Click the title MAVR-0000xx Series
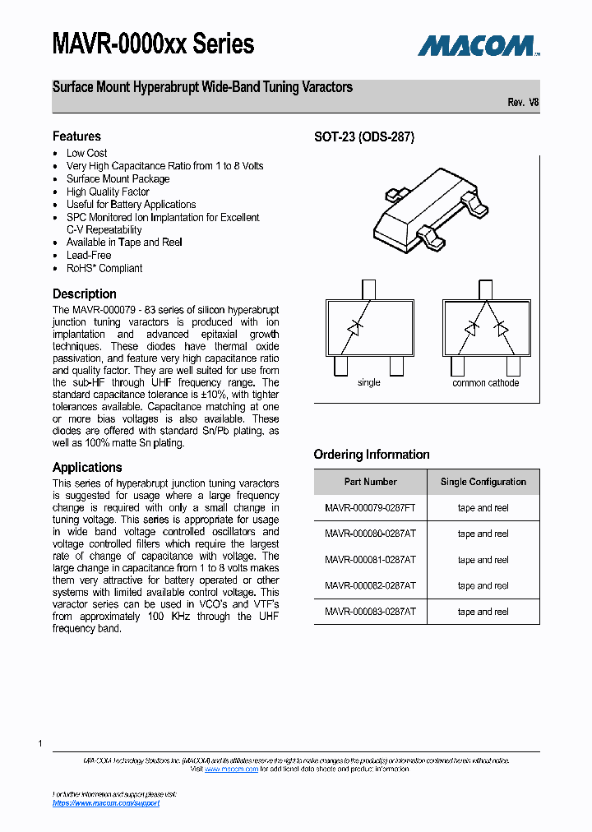[153, 44]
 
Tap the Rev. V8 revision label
[523, 103]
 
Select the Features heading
[76, 136]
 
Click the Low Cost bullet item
[86, 153]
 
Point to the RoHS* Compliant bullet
[104, 268]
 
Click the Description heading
[85, 294]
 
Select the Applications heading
[87, 467]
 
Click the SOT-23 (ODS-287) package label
[364, 137]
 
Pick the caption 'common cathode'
[485, 383]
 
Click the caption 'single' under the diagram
[369, 383]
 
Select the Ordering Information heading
[372, 455]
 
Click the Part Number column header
[370, 482]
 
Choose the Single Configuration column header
[483, 482]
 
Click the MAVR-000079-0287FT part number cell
[370, 508]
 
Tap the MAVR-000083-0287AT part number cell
[370, 612]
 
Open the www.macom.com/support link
[106, 803]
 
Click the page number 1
[39, 743]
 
